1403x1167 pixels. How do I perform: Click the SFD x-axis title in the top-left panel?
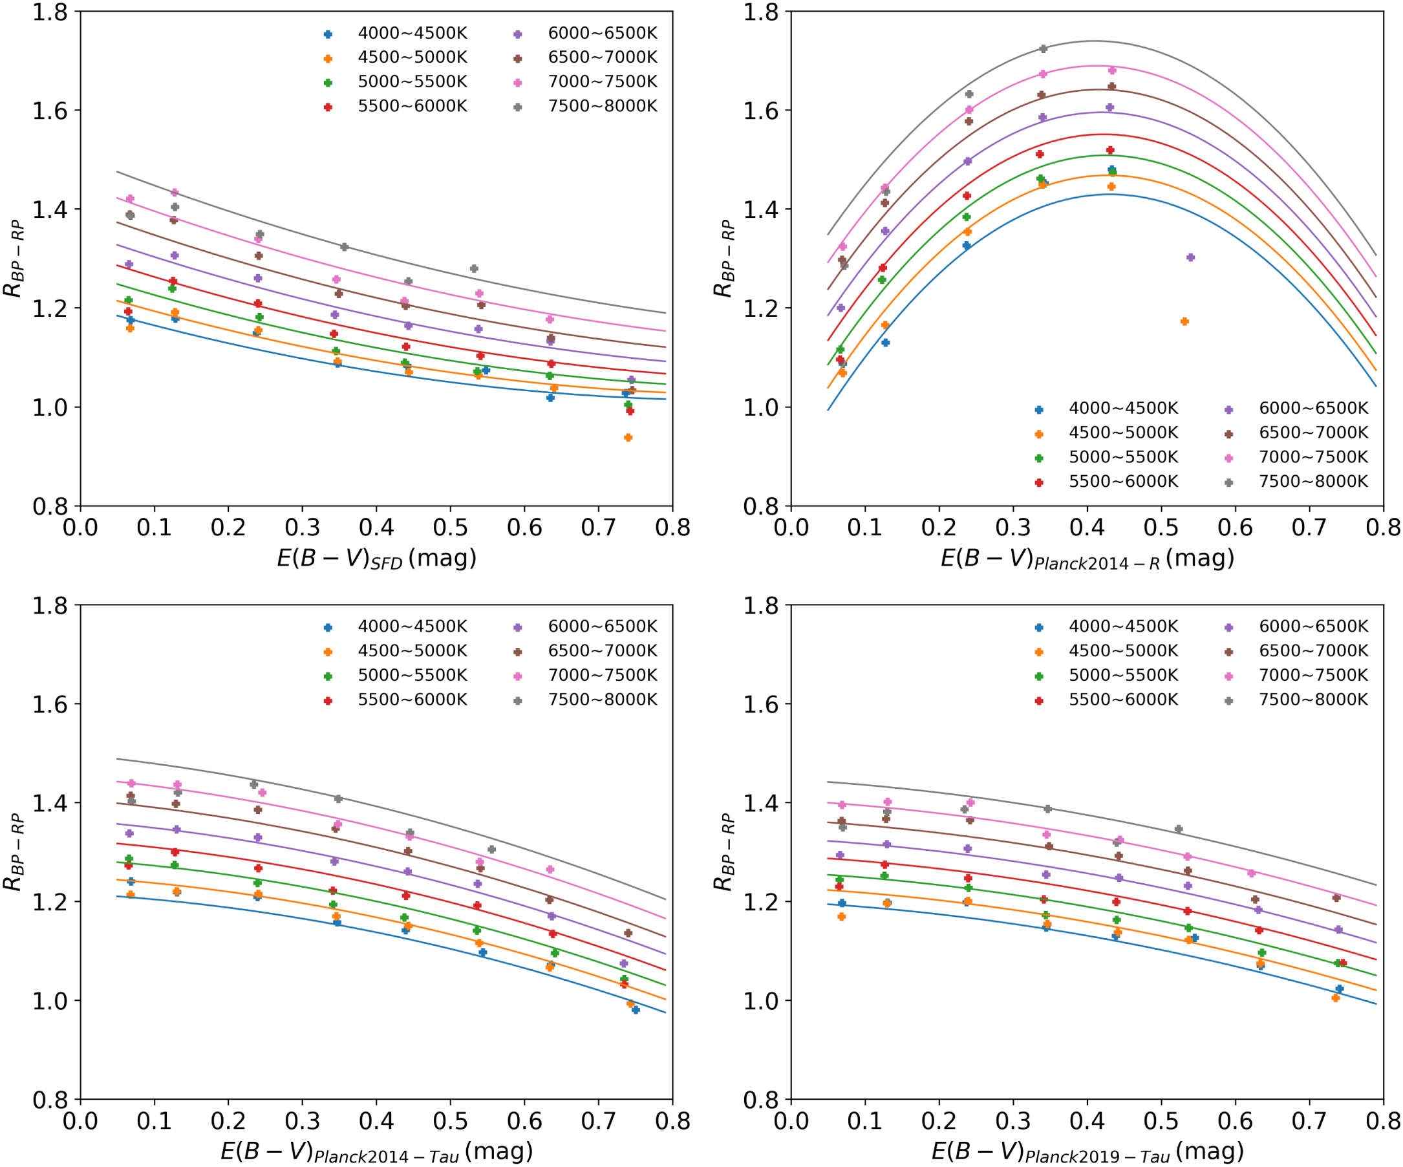pyautogui.click(x=376, y=559)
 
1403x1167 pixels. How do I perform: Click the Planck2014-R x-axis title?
pyautogui.click(x=1087, y=559)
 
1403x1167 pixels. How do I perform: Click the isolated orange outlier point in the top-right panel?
pyautogui.click(x=1184, y=321)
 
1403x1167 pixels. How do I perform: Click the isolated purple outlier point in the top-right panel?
pyautogui.click(x=1190, y=257)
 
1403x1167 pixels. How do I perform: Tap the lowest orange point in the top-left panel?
pyautogui.click(x=628, y=438)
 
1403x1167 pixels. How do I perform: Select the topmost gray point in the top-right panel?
pyautogui.click(x=1044, y=48)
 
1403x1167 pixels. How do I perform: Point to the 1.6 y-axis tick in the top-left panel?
pyautogui.click(x=50, y=110)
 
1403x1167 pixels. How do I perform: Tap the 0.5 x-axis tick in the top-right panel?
pyautogui.click(x=1161, y=528)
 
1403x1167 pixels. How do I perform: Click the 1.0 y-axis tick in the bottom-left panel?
pyautogui.click(x=50, y=1001)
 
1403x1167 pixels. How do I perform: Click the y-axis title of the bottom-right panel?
pyautogui.click(x=723, y=852)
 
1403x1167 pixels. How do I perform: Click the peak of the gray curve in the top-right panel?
pyautogui.click(x=1094, y=41)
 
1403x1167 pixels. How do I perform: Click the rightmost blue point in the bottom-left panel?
pyautogui.click(x=636, y=1010)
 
